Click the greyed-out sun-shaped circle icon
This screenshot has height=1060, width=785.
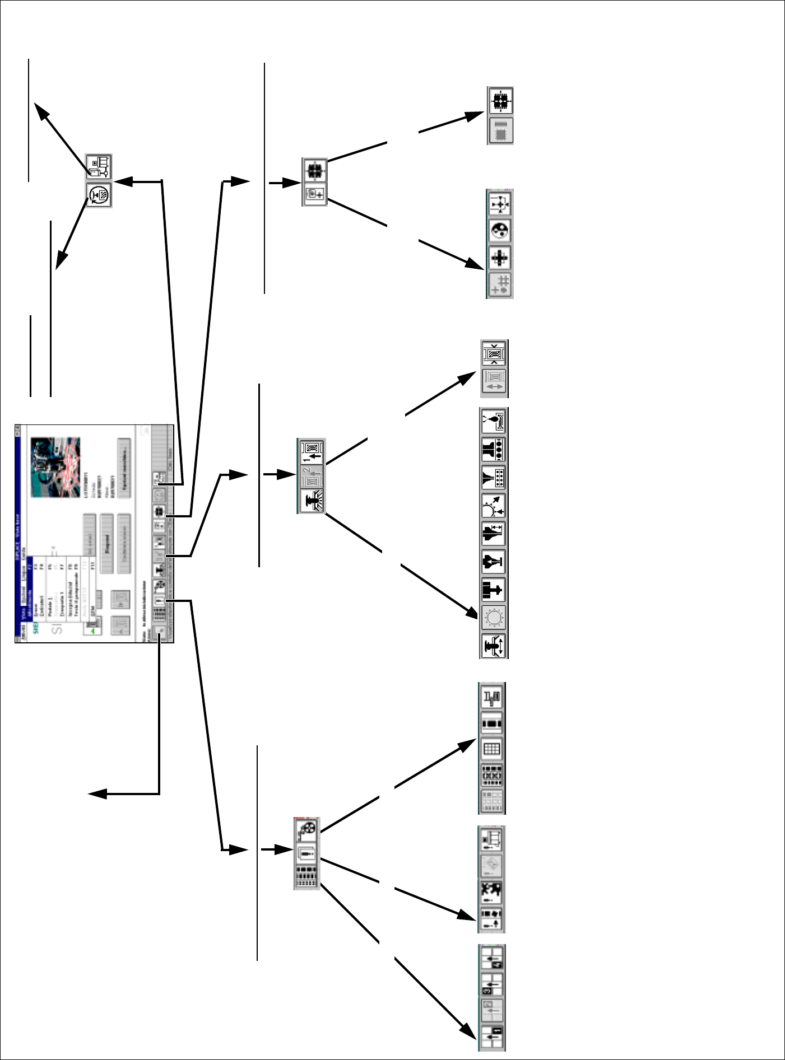(494, 618)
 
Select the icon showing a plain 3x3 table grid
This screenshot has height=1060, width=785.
(491, 749)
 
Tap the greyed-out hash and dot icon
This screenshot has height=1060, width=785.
(500, 284)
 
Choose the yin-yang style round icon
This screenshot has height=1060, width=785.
(500, 230)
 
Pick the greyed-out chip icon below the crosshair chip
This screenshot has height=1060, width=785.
(501, 131)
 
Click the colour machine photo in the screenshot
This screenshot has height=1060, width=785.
(55, 467)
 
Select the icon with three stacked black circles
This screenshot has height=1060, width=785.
(494, 449)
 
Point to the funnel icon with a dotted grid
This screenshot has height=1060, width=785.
(494, 477)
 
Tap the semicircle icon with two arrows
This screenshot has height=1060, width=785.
(494, 506)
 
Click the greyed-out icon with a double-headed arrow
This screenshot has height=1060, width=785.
(494, 382)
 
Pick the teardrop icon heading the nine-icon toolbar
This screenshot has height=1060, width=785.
(494, 421)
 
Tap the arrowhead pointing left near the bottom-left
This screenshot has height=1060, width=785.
(96, 794)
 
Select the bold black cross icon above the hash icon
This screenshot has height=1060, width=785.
(500, 258)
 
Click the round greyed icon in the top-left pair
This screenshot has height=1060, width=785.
(99, 195)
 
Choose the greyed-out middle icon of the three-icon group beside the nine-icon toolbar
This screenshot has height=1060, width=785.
(312, 477)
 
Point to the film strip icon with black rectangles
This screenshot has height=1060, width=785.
(491, 723)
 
